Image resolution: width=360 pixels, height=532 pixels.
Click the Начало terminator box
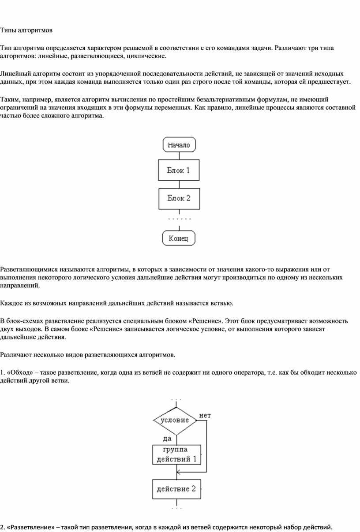pyautogui.click(x=179, y=145)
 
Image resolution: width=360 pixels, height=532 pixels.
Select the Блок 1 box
pyautogui.click(x=179, y=170)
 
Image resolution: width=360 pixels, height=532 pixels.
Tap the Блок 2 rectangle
pyautogui.click(x=179, y=198)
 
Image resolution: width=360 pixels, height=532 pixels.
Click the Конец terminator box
pyautogui.click(x=179, y=238)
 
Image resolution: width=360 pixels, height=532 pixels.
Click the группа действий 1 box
pyautogui.click(x=176, y=454)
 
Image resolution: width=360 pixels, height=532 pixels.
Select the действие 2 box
pyautogui.click(x=176, y=489)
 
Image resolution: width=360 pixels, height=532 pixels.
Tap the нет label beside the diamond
pyautogui.click(x=205, y=415)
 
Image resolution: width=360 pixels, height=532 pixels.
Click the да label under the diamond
pyautogui.click(x=167, y=439)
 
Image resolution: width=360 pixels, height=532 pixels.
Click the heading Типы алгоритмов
pyautogui.click(x=26, y=30)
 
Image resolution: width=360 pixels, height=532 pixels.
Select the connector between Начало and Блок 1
pyautogui.click(x=179, y=156)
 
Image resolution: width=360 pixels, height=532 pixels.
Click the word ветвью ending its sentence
pyautogui.click(x=219, y=303)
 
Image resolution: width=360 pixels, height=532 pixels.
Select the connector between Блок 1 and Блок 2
pyautogui.click(x=179, y=185)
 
